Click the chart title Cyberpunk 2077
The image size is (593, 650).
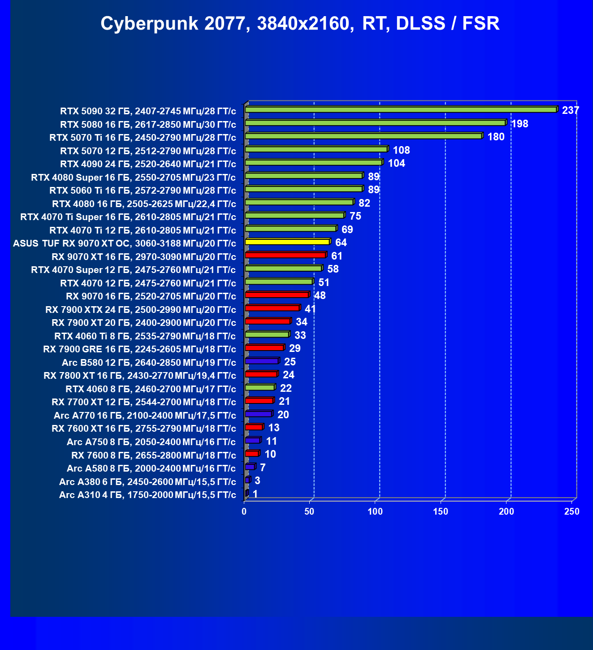[299, 23]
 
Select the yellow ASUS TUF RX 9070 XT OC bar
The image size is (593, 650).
[287, 242]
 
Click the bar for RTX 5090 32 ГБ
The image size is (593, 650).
[400, 110]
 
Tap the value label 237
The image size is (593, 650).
[570, 110]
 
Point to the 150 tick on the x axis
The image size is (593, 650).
[441, 511]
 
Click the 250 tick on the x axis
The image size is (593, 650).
[571, 511]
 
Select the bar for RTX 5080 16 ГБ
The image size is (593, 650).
[375, 123]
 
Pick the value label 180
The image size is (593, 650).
[496, 137]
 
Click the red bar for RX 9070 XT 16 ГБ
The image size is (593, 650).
[285, 255]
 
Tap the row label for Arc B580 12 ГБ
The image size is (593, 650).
[149, 362]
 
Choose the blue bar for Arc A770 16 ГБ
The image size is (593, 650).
[258, 414]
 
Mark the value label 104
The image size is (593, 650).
[396, 163]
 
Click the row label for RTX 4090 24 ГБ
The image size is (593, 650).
[148, 164]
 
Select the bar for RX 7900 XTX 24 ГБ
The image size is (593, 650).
[272, 308]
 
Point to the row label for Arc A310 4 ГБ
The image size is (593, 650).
[147, 494]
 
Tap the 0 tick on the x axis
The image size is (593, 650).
[244, 511]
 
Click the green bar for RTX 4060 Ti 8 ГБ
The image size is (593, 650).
[267, 334]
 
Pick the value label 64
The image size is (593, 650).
[341, 243]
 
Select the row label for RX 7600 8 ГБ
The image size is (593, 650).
[153, 455]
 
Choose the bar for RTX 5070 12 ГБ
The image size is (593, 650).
[316, 149]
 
